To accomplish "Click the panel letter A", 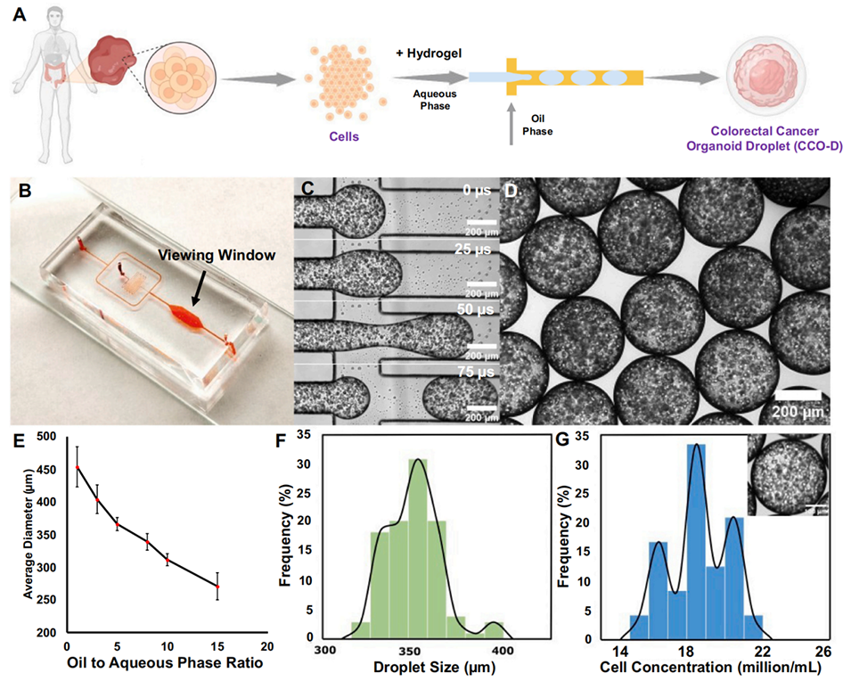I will (x=14, y=16).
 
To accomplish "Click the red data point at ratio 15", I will (x=241, y=586).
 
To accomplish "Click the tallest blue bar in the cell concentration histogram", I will (x=697, y=541).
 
